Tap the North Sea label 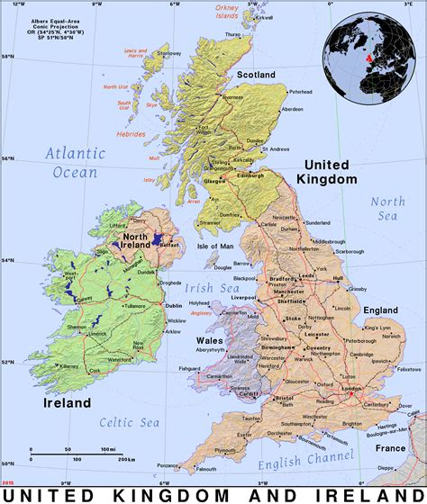click(388, 208)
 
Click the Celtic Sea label click(131, 423)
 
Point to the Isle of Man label click(215, 246)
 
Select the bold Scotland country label click(255, 74)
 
